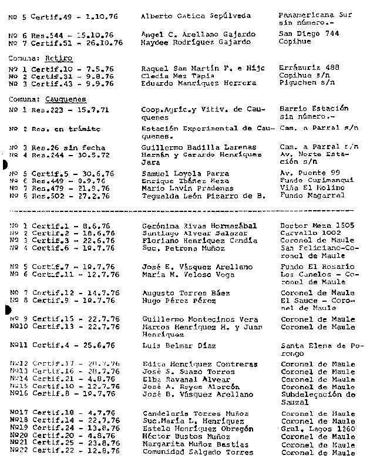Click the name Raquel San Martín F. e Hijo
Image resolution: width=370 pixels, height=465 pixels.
202,69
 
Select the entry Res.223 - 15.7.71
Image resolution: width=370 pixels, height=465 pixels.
62,109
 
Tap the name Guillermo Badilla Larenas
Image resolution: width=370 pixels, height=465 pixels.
199,147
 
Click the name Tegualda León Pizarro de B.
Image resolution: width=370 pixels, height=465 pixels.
204,196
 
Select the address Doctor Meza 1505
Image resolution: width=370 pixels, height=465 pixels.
317,225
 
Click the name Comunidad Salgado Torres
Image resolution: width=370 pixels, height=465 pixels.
198,452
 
